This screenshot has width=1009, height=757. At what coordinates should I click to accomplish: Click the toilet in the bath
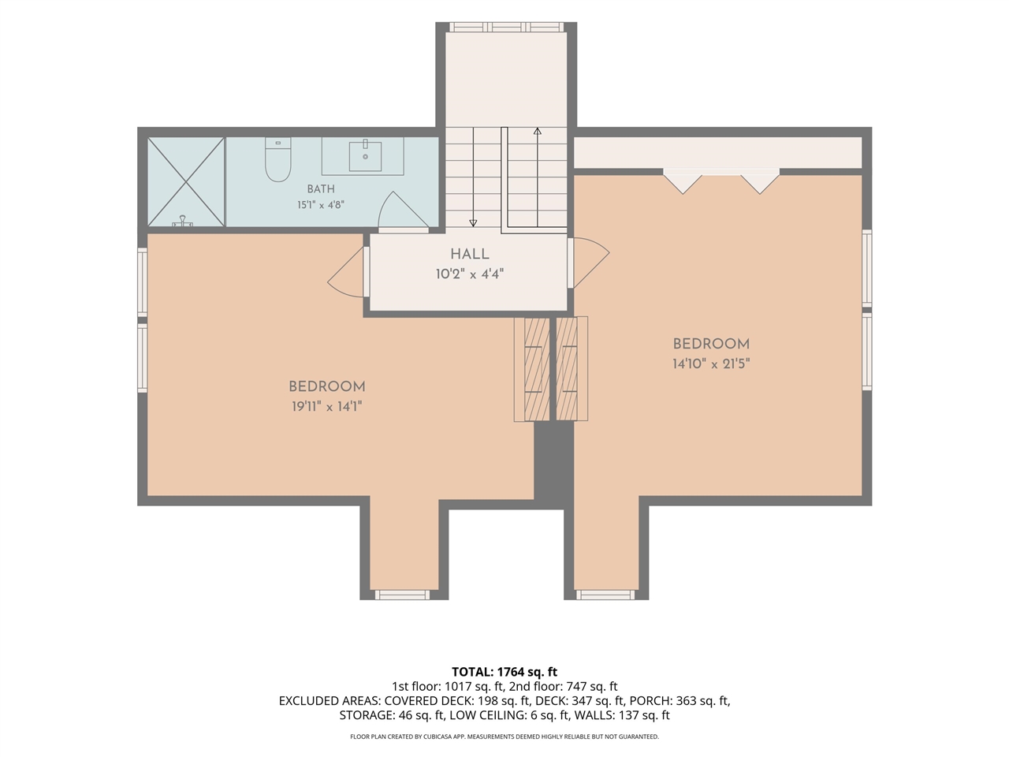click(x=278, y=159)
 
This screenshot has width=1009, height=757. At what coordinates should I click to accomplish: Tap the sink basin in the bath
click(x=365, y=156)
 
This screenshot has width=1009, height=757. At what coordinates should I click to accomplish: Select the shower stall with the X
click(x=186, y=181)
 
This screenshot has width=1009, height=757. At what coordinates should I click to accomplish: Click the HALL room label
click(x=469, y=254)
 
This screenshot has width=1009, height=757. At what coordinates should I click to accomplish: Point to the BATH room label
click(x=321, y=189)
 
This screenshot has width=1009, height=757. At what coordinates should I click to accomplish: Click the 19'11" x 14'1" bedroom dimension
click(x=327, y=406)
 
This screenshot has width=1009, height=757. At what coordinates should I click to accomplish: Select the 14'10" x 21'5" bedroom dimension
click(x=711, y=364)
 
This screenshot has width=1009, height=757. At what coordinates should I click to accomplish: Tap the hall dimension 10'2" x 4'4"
click(x=469, y=274)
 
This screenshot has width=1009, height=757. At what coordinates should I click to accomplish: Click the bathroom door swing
click(x=403, y=210)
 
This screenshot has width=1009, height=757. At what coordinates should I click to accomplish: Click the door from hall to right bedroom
click(x=588, y=263)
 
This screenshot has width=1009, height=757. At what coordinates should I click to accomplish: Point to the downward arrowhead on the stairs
click(x=472, y=223)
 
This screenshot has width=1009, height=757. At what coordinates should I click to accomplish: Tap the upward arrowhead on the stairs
click(x=537, y=132)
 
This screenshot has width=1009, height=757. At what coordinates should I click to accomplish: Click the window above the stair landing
click(x=506, y=27)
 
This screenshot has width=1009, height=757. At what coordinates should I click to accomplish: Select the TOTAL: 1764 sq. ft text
click(x=504, y=672)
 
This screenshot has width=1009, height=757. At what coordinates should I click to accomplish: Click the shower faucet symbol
click(x=183, y=221)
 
